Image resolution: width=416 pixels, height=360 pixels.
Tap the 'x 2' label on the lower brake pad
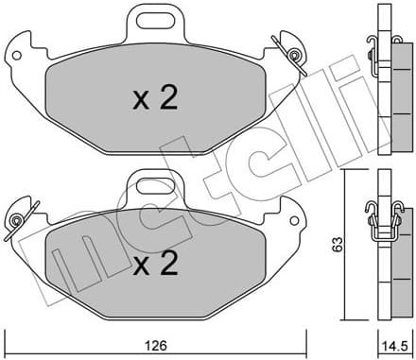(x=153, y=266)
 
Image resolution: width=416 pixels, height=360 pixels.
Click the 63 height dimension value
(x=337, y=244)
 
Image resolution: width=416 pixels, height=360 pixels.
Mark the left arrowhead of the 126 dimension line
(x=9, y=335)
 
